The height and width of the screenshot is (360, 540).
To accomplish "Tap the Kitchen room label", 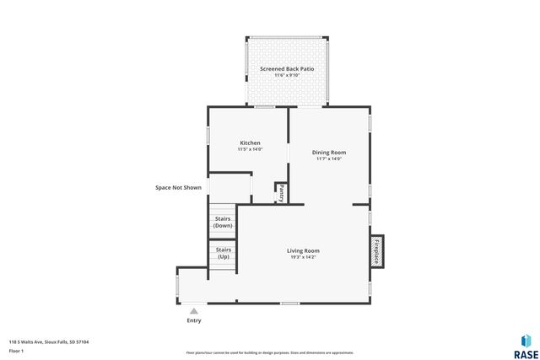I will pos(250,142).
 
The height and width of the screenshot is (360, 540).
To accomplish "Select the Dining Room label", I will pos(331,152).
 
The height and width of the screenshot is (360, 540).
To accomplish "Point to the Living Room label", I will pos(303,250).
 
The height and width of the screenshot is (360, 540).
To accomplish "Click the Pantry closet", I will pos(280,192).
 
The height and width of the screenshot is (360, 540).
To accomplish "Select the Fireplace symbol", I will pos(376,250).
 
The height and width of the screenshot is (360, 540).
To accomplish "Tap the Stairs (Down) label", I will pos(223,223).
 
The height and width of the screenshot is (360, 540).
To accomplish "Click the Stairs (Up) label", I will pos(223,253).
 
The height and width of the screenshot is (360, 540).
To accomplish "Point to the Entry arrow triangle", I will pos(194,310).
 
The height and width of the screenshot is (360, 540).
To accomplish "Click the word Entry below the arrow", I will pos(194,320).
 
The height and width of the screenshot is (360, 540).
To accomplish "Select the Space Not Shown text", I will pos(178,187).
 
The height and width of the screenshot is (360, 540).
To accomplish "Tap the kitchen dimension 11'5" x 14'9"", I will pos(250,149).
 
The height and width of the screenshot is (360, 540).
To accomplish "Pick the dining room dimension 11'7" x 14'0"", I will pos(331,159).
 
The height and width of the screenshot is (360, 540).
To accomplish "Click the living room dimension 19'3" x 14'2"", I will pos(303,257).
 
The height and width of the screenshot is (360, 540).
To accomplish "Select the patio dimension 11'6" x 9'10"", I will pos(287,74).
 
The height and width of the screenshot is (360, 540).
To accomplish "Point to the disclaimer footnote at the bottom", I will pos(269,352).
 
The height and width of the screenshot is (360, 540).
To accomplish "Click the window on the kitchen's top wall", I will pos(265,106).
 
